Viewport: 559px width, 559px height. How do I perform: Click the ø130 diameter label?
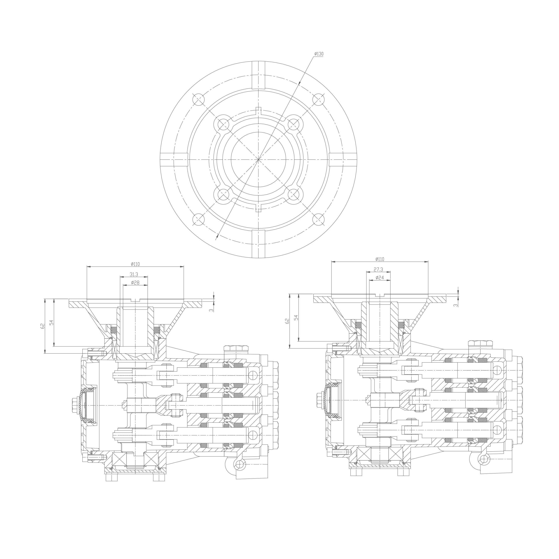(x=319, y=54)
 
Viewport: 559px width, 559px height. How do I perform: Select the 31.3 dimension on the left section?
(x=134, y=274)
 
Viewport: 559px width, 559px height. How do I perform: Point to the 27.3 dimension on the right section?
(x=378, y=269)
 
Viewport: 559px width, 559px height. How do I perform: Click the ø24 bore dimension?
(x=380, y=278)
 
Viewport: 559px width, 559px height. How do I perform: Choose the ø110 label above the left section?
(x=135, y=264)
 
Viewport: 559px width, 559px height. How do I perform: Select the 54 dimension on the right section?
(x=296, y=317)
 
